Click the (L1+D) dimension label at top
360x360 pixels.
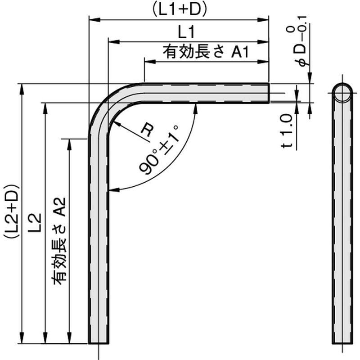pos(179,10)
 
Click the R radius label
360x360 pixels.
pos(146,130)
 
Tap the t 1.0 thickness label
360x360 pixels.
pos(288,130)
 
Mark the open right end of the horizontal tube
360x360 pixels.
pos(268,93)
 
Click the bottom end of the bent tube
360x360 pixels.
pos(99,342)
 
